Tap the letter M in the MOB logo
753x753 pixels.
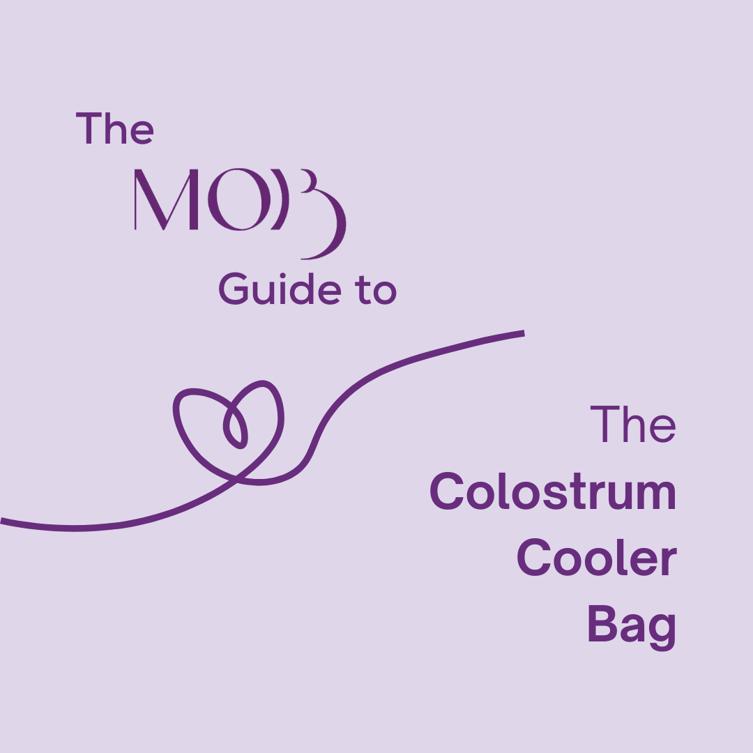pyautogui.click(x=162, y=200)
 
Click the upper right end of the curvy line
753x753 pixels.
pyautogui.click(x=522, y=333)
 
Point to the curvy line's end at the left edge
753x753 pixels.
pyautogui.click(x=3, y=520)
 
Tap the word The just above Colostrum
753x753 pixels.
pyautogui.click(x=633, y=425)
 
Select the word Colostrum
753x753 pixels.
pyautogui.click(x=552, y=492)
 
